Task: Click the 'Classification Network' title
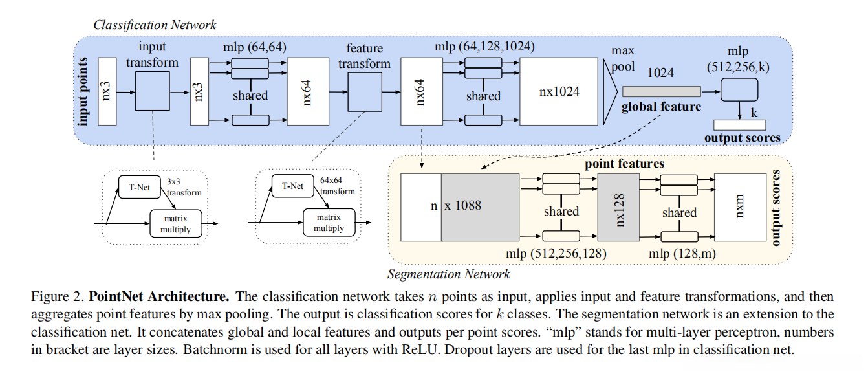tap(155, 25)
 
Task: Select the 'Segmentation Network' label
tap(448, 274)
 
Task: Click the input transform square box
tap(153, 91)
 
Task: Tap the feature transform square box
tap(365, 91)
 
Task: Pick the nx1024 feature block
tap(559, 91)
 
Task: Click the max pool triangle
tap(611, 91)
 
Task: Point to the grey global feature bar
tap(661, 92)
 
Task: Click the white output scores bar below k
tap(740, 125)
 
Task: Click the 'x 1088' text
tap(463, 206)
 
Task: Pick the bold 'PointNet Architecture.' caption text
tap(158, 297)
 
